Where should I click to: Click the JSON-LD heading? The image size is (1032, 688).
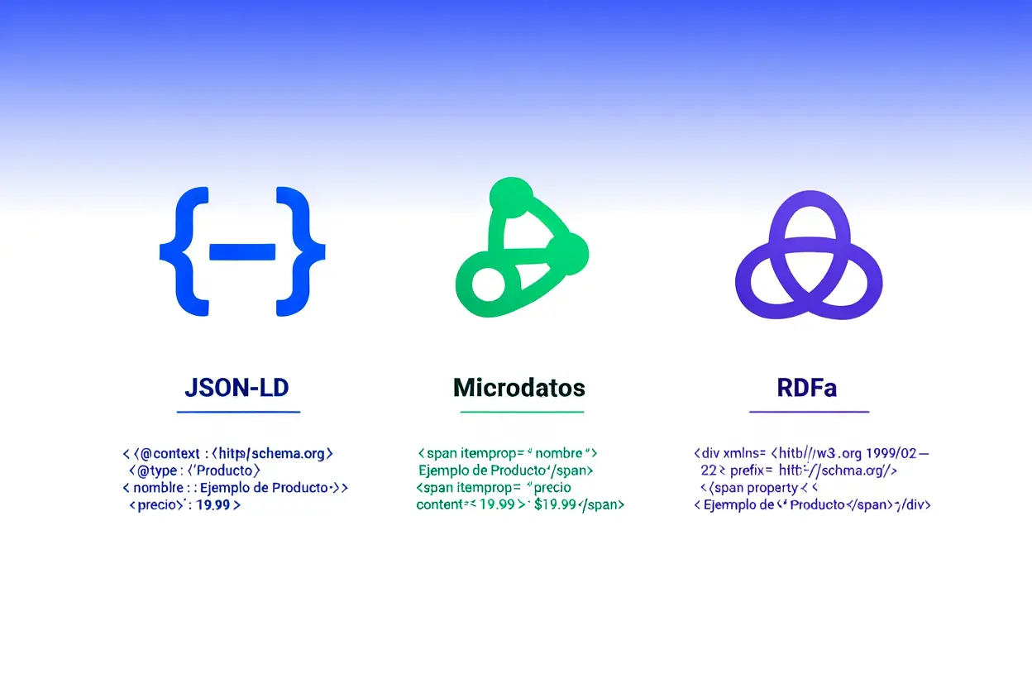click(237, 387)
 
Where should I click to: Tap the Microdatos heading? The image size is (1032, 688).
click(519, 387)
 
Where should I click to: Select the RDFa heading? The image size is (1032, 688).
click(807, 387)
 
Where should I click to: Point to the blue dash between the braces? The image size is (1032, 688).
click(242, 251)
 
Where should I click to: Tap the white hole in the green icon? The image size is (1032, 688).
click(487, 284)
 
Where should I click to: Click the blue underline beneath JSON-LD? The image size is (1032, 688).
click(238, 411)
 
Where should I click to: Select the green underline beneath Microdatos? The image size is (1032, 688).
click(522, 411)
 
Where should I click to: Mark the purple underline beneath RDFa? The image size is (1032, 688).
click(809, 411)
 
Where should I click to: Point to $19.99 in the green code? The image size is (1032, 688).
click(555, 504)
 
